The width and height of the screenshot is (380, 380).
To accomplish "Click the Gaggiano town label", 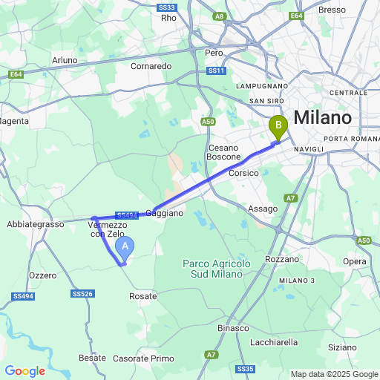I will [164, 213].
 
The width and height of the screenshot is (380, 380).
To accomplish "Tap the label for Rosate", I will [143, 296].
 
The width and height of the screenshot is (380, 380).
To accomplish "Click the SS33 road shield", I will [166, 7].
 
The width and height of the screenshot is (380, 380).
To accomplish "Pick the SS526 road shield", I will [83, 294].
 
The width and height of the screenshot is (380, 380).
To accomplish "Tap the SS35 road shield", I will [246, 369].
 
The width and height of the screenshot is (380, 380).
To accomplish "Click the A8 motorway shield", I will [219, 16].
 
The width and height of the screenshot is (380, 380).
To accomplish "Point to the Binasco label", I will [233, 327].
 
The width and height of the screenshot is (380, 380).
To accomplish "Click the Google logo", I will [24, 371].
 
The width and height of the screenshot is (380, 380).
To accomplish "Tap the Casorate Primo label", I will [144, 358].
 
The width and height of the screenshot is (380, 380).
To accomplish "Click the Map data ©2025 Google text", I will [334, 374].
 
